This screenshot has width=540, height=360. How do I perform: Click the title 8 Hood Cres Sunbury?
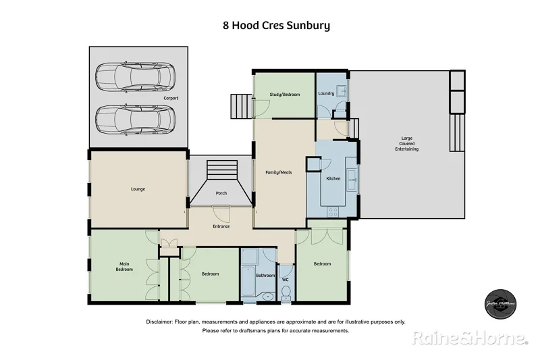[276, 26]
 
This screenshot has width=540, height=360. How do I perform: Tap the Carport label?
[171, 98]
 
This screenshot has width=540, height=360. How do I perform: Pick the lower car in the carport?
[135, 120]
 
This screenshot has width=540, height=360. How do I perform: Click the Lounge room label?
[138, 189]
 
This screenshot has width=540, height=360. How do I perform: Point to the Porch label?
[221, 193]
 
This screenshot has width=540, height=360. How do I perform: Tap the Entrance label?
[221, 226]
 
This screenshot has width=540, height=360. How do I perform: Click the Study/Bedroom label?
[284, 95]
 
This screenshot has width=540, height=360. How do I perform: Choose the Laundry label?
[327, 93]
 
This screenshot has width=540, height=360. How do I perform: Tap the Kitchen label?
[333, 178]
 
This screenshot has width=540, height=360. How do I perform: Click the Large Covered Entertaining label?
[407, 144]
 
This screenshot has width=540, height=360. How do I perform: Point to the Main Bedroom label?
[124, 267]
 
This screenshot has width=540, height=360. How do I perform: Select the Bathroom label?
[265, 276]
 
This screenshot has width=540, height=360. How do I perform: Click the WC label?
[285, 279]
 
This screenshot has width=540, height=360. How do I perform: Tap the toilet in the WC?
[286, 293]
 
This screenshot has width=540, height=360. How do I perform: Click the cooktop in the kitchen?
[333, 211]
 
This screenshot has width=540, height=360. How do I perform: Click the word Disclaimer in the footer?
[159, 322]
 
